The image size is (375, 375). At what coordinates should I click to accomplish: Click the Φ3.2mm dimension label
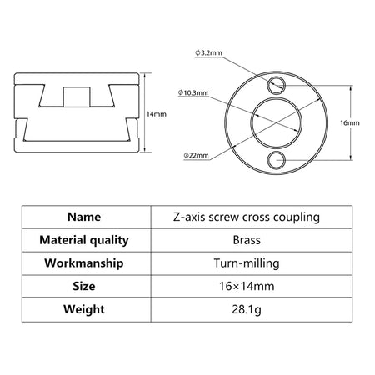pos(208,52)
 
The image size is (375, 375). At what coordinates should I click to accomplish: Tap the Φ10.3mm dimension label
pos(193,92)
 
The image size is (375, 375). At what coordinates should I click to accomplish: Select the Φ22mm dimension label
pos(196,155)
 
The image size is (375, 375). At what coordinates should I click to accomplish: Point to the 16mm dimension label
pos(350,122)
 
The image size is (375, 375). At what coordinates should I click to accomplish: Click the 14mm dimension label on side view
pos(157,114)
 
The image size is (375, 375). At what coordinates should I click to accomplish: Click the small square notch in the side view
pos(77,97)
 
